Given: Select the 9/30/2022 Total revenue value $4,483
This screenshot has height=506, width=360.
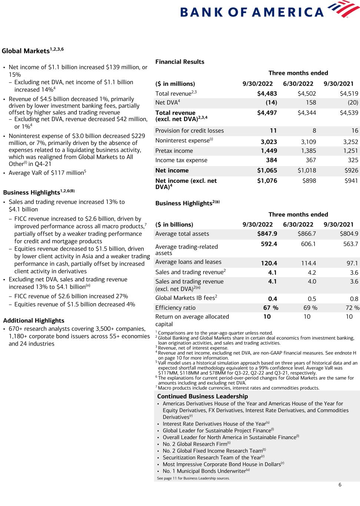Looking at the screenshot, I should click(x=267, y=94).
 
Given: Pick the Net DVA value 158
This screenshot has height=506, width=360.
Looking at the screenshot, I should click(x=311, y=102).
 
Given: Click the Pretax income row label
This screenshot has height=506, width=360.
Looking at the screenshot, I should click(x=174, y=151).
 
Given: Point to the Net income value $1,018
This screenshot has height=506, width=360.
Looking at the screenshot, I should click(x=307, y=171).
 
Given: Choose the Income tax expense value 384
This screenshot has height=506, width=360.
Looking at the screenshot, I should click(x=271, y=160).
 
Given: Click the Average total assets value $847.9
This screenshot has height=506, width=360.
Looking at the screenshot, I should click(x=267, y=234).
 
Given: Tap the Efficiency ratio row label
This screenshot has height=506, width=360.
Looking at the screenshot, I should click(x=175, y=308).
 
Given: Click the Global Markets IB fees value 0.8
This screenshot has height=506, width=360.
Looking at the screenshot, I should click(x=354, y=299).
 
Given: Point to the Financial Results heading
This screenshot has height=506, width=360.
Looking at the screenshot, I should click(x=179, y=62).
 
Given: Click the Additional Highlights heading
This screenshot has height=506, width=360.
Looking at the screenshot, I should click(x=33, y=321).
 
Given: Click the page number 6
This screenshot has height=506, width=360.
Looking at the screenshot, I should click(x=340, y=485).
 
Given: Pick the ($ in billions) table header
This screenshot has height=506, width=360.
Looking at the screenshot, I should click(x=174, y=225).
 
